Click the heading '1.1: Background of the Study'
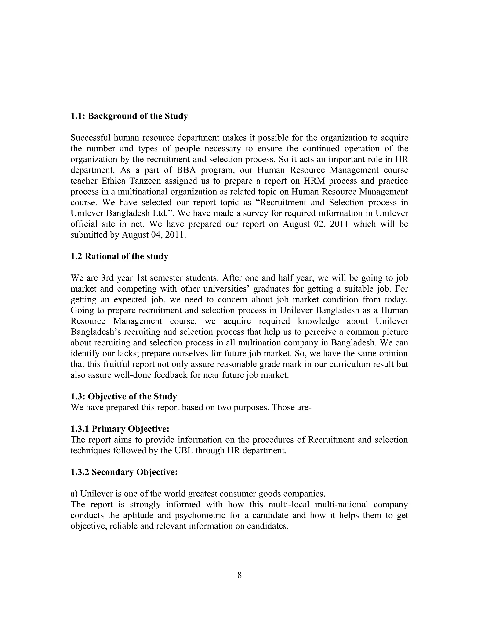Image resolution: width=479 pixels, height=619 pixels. pyautogui.click(x=129, y=116)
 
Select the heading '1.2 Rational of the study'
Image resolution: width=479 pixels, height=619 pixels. pyautogui.click(x=119, y=256)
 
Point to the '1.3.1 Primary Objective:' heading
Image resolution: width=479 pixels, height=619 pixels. pyautogui.click(x=120, y=429)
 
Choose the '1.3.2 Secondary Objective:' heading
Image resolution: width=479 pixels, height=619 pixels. pyautogui.click(x=124, y=472)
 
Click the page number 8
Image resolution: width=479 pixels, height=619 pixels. pyautogui.click(x=239, y=575)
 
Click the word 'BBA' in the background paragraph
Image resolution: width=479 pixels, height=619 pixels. pyautogui.click(x=186, y=170)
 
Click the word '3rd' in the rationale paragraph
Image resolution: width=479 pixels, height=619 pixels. pyautogui.click(x=108, y=278)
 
